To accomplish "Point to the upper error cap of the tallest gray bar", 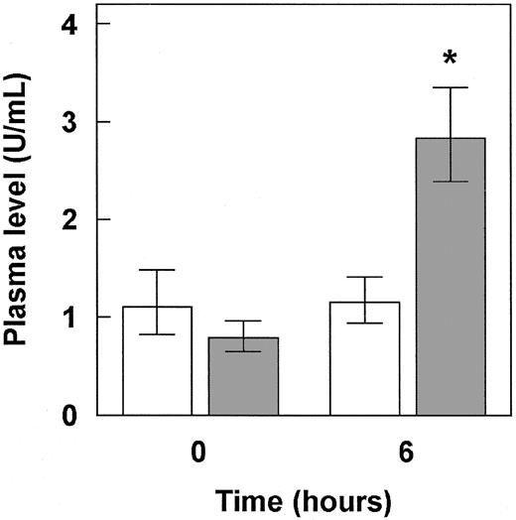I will tap(450, 88).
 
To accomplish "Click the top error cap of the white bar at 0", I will tap(157, 270).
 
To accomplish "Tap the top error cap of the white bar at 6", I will tap(364, 277).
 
